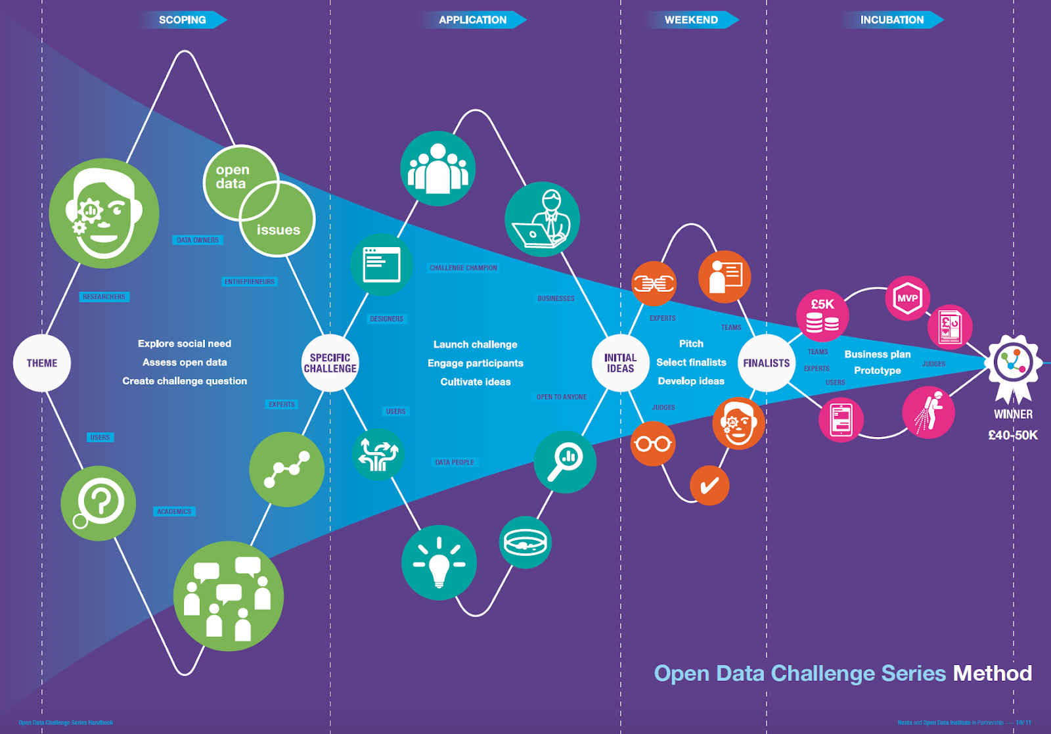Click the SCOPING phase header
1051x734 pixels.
183,20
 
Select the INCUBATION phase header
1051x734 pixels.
891,20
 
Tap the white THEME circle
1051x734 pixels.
42,363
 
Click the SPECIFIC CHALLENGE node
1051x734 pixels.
330,363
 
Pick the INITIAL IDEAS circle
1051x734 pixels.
620,363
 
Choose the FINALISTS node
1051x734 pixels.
766,363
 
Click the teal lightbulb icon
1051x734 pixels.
439,563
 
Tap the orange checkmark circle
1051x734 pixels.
709,486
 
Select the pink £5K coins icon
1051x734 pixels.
822,315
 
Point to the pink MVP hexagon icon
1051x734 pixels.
908,298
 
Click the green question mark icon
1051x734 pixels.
99,503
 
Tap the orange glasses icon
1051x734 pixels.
653,444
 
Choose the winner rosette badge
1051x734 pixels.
1013,363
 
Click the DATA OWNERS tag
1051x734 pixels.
198,240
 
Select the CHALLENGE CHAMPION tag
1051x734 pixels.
463,268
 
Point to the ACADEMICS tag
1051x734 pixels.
174,511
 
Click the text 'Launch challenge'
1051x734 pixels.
475,344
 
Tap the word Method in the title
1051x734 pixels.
992,673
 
